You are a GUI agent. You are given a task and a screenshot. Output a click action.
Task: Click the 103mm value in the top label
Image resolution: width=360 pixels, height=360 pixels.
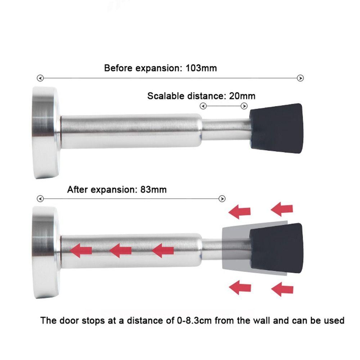coord(201,68)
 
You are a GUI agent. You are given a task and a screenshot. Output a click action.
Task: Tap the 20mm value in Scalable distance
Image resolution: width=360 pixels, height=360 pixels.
coord(242,96)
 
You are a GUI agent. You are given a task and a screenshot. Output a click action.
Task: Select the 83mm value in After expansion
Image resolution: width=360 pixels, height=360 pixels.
coord(153,190)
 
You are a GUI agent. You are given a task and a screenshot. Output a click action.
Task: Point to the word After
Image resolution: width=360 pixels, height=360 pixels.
coord(78,190)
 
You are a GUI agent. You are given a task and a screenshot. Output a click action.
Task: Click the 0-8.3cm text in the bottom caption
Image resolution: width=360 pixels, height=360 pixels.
coord(194,320)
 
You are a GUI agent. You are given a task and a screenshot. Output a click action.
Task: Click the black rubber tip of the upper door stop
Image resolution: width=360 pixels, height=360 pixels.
coord(276,128)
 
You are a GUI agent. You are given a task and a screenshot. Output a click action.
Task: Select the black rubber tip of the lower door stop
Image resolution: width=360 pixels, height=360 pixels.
coord(276,248)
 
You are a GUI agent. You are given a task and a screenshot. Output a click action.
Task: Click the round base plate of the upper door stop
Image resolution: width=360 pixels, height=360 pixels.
coord(46,133)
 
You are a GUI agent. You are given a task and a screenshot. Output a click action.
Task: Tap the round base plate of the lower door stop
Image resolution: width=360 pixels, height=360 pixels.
coord(46,253)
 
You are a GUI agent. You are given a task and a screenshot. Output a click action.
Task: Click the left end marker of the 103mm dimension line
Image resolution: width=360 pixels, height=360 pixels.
coord(40,78)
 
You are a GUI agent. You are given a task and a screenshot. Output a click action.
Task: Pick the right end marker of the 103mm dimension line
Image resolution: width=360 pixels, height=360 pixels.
coord(300,78)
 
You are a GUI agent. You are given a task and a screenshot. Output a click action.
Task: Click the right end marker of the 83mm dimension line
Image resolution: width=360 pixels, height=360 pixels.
coord(222,199)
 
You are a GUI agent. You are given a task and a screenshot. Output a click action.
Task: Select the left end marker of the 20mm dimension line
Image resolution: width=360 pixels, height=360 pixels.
coord(203,106)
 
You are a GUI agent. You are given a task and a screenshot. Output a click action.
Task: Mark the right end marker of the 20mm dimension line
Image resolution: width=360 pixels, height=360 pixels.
coord(244,106)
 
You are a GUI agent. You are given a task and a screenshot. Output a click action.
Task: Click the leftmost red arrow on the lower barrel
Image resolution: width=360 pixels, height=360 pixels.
coord(81,251)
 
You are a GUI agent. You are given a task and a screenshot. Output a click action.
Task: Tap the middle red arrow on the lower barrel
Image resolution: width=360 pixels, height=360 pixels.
coord(121,251)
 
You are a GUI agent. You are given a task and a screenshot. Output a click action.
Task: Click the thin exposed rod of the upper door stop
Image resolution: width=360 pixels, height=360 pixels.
coord(226,129)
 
